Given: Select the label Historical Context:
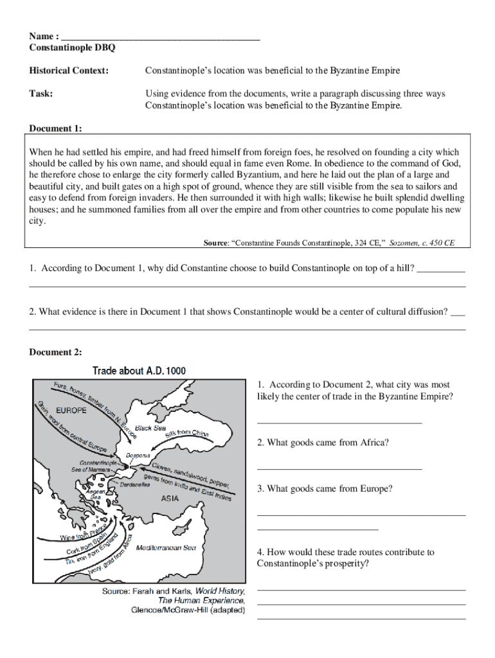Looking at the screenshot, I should [69, 70].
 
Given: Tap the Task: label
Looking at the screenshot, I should [41, 94].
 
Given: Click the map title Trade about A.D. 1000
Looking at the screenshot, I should [139, 371].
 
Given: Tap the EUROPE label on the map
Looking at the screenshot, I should [71, 409].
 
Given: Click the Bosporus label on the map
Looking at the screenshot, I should [138, 456].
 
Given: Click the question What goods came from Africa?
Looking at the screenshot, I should [323, 443].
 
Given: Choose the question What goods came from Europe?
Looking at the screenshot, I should [325, 489].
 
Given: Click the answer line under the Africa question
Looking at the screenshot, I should [339, 468].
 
